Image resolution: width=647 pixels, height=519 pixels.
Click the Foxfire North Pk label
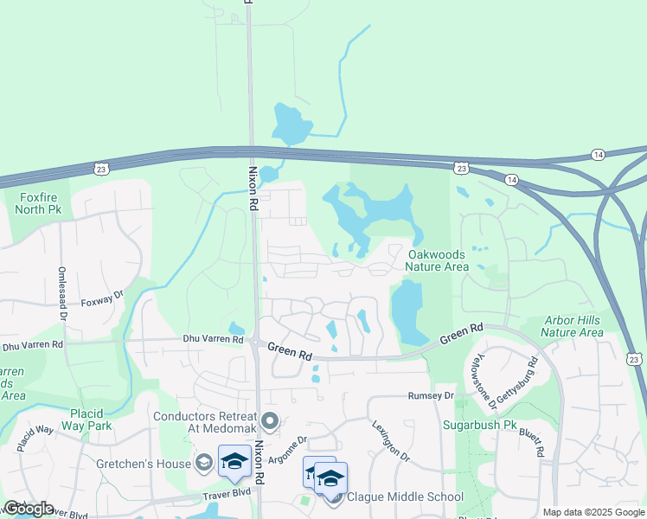point(40,202)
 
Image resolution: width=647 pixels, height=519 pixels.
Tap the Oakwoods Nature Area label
point(438,260)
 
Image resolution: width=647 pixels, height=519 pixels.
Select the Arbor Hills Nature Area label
point(572,326)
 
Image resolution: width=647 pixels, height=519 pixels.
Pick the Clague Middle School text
point(404,497)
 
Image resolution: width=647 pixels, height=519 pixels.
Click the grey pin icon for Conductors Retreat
point(271,422)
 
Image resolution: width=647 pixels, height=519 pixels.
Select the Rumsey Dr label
point(431,395)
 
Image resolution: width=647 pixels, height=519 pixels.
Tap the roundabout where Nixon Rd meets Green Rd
point(257,343)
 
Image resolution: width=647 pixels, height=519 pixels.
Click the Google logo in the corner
point(29,509)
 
